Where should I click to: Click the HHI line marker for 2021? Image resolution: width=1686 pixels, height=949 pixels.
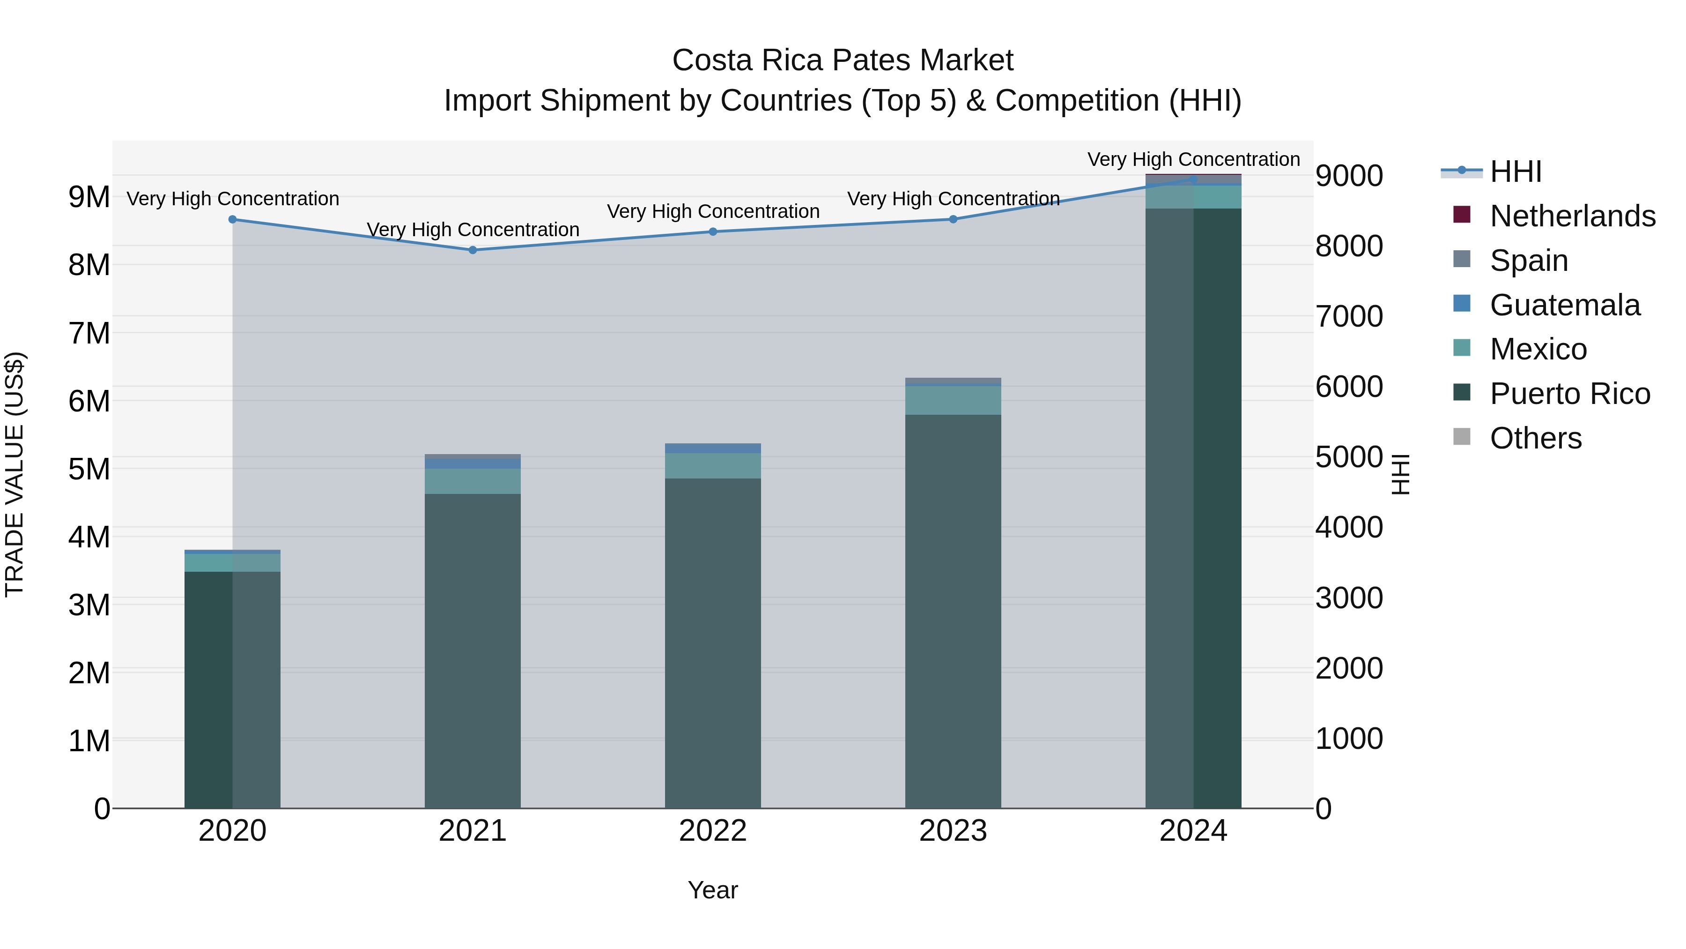pyautogui.click(x=473, y=249)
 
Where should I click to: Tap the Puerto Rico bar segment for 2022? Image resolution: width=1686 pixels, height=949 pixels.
pyautogui.click(x=713, y=642)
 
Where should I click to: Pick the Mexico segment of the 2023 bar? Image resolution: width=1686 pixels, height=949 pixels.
pyautogui.click(x=953, y=400)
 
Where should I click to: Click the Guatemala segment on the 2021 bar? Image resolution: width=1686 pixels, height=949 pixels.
pyautogui.click(x=473, y=463)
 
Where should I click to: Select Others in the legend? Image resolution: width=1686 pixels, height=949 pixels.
pyautogui.click(x=1535, y=438)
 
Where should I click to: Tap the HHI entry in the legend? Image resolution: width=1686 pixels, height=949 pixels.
pyautogui.click(x=1515, y=172)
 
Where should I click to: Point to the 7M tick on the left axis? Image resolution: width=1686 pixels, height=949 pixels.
pyautogui.click(x=89, y=333)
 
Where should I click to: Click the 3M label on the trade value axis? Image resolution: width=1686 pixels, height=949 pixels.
pyautogui.click(x=89, y=605)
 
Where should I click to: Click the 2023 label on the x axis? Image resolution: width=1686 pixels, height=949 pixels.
pyautogui.click(x=953, y=831)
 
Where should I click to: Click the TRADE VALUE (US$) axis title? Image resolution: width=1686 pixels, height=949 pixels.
pyautogui.click(x=15, y=474)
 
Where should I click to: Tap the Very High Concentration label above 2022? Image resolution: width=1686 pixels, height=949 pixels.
pyautogui.click(x=713, y=211)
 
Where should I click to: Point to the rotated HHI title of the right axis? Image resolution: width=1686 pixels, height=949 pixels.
pyautogui.click(x=1400, y=474)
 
